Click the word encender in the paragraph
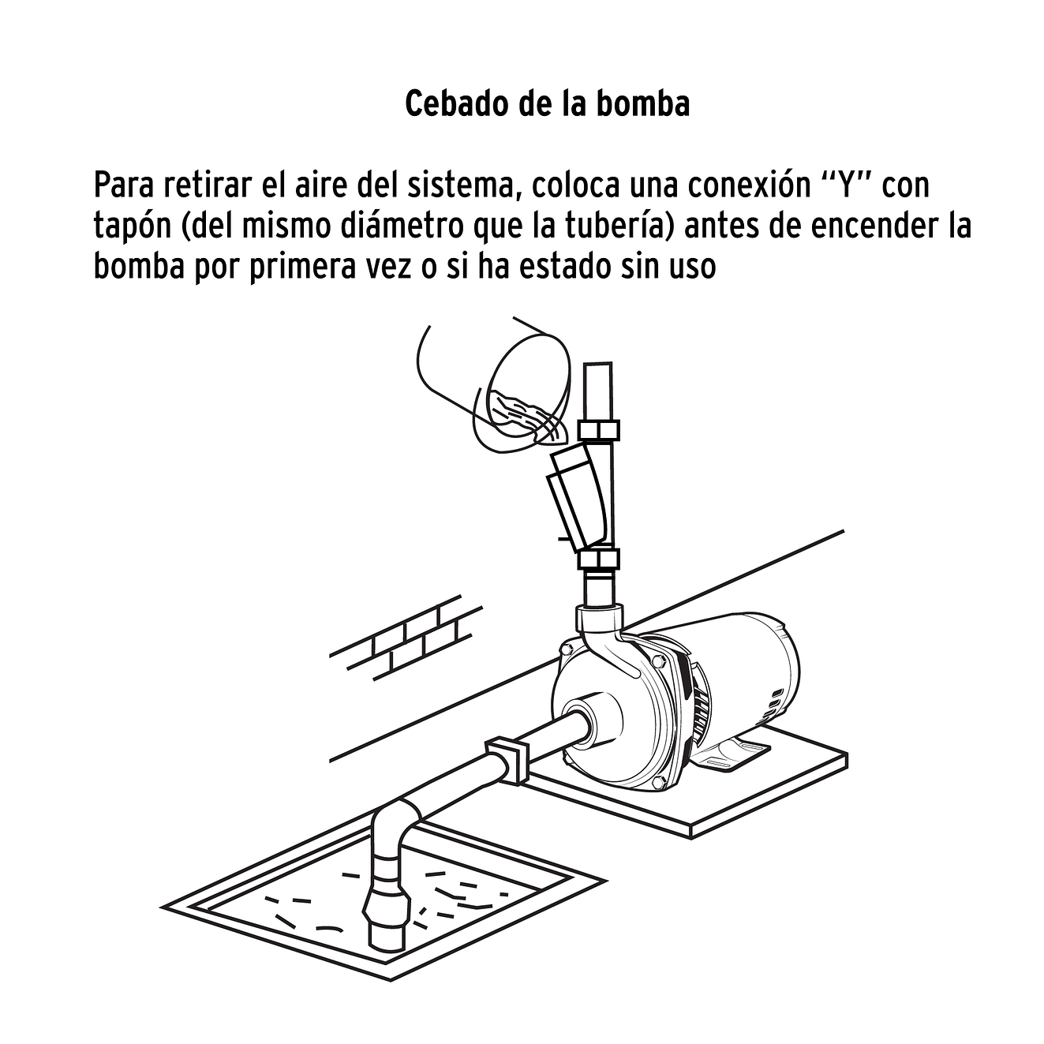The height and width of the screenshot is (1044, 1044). (x=874, y=226)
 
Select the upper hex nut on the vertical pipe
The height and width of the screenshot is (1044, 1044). (x=599, y=431)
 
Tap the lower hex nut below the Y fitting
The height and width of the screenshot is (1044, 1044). (x=599, y=561)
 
